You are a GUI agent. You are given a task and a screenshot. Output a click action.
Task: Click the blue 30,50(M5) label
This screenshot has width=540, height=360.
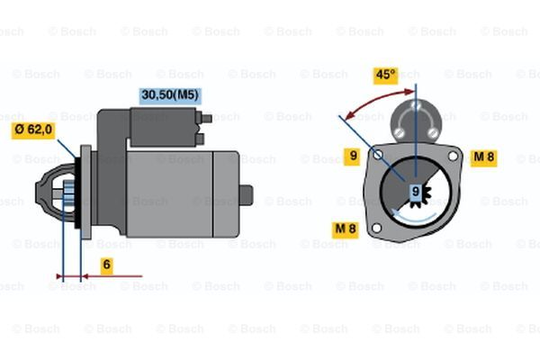coord(170,95)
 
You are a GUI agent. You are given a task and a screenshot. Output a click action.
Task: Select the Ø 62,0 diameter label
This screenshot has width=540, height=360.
coord(33,130)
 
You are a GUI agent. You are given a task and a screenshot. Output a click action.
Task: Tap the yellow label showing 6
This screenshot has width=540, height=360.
coord(107,265)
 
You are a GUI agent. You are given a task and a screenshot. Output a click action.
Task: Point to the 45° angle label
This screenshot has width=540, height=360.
coord(385,75)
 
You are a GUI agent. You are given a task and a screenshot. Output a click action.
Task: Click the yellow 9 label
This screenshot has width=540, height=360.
coord(353,156)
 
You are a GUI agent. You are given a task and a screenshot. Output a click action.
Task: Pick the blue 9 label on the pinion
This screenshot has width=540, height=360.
coord(416,191)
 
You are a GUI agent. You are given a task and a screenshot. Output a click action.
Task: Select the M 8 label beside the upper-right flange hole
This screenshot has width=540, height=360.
coord(484,157)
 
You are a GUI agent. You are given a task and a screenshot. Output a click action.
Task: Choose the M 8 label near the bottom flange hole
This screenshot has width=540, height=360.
coord(346,229)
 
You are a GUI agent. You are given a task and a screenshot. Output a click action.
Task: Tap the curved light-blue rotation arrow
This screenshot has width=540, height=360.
coord(413,220)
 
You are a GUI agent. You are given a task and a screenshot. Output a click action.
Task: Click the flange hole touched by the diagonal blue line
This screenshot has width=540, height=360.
coord(377,155)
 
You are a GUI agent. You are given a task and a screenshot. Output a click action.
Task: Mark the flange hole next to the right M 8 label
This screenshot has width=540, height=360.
coord(453,156)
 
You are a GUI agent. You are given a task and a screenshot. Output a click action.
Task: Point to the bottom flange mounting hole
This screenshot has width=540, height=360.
coord(376,228)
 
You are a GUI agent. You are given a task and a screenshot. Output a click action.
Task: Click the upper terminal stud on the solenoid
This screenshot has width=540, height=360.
coord(206,119)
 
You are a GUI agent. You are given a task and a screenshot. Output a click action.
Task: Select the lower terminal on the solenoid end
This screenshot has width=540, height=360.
coord(200,139)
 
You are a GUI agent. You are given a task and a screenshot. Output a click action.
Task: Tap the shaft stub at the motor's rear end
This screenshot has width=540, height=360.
coord(247,195)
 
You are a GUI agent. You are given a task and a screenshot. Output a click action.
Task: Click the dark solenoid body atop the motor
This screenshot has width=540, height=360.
coord(164,127)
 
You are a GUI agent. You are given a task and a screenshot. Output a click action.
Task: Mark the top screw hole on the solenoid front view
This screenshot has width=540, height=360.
coord(416,104)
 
